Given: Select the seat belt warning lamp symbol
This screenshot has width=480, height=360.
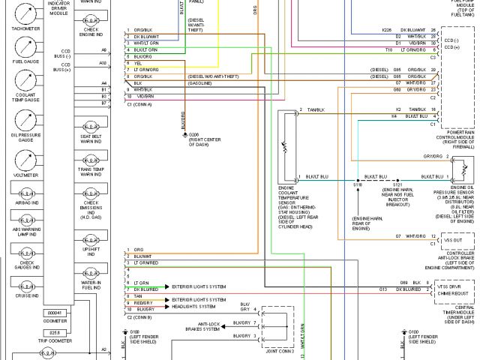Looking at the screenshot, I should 91,126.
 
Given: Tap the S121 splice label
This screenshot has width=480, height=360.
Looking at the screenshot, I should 397,183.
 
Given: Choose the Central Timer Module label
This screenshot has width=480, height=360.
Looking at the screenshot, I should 457,313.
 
